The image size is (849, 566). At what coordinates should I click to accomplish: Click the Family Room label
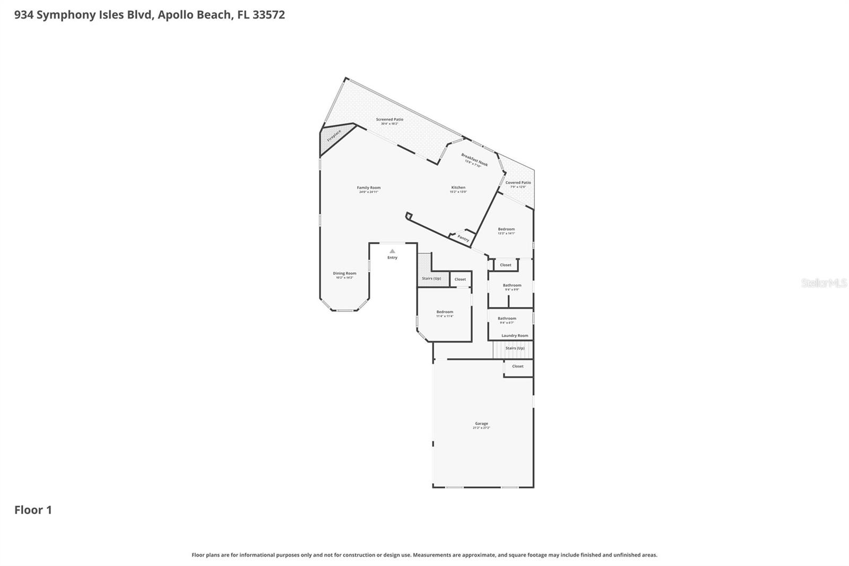coord(368,188)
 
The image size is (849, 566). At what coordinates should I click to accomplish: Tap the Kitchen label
coord(458,188)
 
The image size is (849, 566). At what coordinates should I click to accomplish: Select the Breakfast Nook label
coord(474,159)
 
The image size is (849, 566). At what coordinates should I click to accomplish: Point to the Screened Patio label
coord(389,120)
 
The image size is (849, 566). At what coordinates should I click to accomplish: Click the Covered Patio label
coord(518,183)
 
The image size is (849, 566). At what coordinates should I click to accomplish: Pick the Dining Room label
coord(344,274)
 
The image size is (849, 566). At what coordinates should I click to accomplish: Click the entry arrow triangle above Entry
coord(392,251)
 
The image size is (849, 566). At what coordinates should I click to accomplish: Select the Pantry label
coord(463,238)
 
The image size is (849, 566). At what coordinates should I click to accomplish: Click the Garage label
coord(481,424)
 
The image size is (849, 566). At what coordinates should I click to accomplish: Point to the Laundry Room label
coord(515,336)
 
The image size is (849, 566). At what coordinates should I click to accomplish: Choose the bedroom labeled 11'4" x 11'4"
coord(445,313)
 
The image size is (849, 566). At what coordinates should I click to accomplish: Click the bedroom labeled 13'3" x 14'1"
coord(506,230)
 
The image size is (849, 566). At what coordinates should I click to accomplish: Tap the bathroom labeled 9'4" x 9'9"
coord(512,286)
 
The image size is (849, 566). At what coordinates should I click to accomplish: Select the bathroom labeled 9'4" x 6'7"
coord(507,319)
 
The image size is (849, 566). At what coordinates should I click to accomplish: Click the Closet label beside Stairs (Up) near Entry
coord(460,279)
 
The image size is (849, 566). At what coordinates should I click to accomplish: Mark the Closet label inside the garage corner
coord(518,366)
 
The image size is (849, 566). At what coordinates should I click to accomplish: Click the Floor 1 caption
coord(33,510)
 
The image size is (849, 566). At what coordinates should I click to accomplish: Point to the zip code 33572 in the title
coord(268,15)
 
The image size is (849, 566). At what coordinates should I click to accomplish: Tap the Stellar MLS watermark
coord(824,284)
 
